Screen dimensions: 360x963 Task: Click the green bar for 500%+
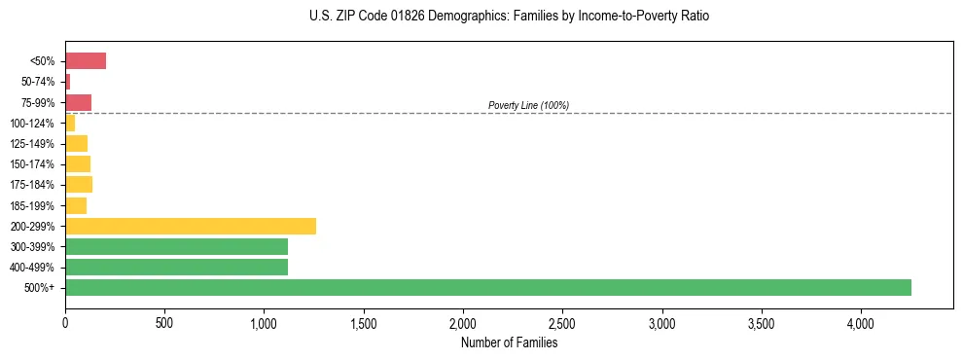coord(487,287)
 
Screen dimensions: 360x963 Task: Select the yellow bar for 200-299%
coord(191,226)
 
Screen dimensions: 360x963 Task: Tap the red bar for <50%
coord(86,61)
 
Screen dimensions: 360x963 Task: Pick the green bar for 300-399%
coord(176,246)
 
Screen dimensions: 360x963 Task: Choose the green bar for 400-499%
coord(176,267)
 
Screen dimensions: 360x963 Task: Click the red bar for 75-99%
coord(78,102)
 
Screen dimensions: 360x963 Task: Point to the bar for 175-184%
coord(79,185)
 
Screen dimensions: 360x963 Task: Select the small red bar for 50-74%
coord(68,82)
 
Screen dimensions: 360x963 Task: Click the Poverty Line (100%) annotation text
coord(528,105)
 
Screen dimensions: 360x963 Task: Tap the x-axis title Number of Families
coord(509,342)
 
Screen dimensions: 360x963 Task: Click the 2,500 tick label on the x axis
coord(562,322)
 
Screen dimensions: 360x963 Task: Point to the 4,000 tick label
coord(861,322)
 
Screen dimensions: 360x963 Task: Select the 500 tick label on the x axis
coord(164,322)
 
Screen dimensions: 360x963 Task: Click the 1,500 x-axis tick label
coord(364,322)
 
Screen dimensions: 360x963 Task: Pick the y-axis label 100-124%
coord(32,124)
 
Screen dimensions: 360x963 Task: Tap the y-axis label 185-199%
coord(32,205)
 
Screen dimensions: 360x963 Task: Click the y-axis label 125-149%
coord(32,144)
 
